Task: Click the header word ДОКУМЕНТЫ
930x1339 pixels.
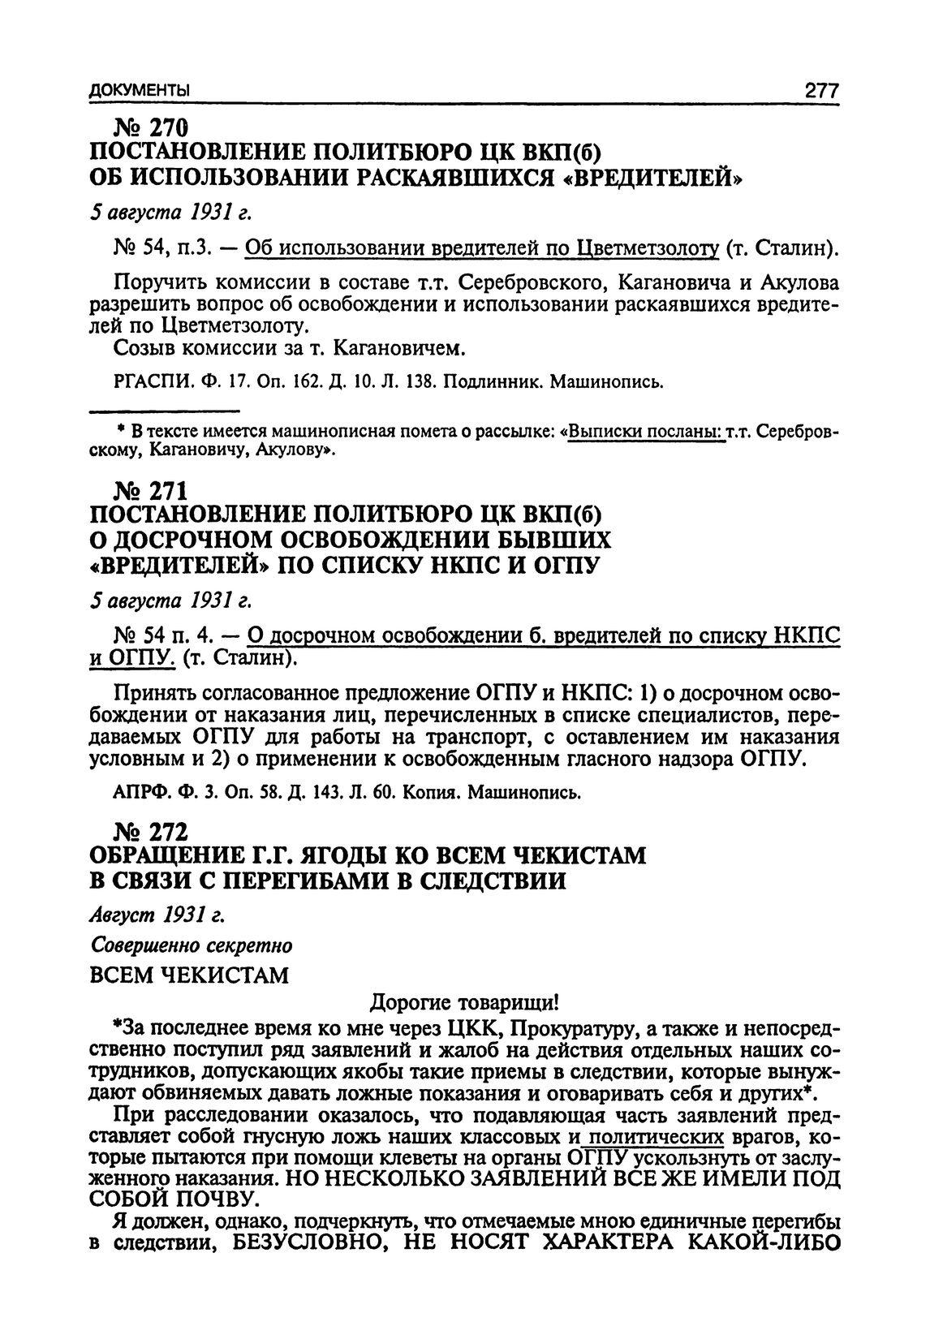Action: [x=139, y=89]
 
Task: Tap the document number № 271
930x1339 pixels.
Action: [x=152, y=490]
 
